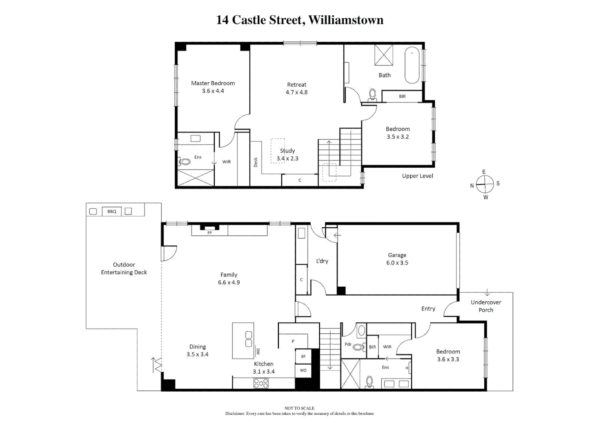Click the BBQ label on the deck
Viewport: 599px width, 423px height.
pyautogui.click(x=112, y=211)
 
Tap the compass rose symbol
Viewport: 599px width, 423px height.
pyautogui.click(x=485, y=184)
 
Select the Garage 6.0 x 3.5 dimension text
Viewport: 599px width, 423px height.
pyautogui.click(x=397, y=263)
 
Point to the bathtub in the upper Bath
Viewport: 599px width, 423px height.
pyautogui.click(x=412, y=65)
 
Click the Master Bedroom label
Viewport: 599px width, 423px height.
pyautogui.click(x=213, y=83)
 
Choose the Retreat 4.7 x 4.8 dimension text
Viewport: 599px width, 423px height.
pyautogui.click(x=297, y=92)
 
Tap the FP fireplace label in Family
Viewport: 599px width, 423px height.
pyautogui.click(x=209, y=233)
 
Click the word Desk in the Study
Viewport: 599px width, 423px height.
pyautogui.click(x=255, y=162)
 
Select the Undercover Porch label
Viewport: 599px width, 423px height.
pyautogui.click(x=486, y=306)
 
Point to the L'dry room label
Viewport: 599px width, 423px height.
pyautogui.click(x=322, y=261)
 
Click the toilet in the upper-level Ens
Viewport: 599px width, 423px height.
pyautogui.click(x=185, y=161)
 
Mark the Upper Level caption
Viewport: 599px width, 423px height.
pyautogui.click(x=417, y=176)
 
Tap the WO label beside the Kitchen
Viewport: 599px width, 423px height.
pyautogui.click(x=303, y=370)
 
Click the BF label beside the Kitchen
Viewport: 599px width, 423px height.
pyautogui.click(x=303, y=356)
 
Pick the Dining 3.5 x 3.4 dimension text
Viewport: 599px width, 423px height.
pyautogui.click(x=197, y=354)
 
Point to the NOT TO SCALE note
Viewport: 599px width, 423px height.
pyautogui.click(x=299, y=408)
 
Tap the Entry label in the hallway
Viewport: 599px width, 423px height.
pyautogui.click(x=428, y=309)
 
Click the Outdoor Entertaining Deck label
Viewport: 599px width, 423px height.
pyautogui.click(x=124, y=268)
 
